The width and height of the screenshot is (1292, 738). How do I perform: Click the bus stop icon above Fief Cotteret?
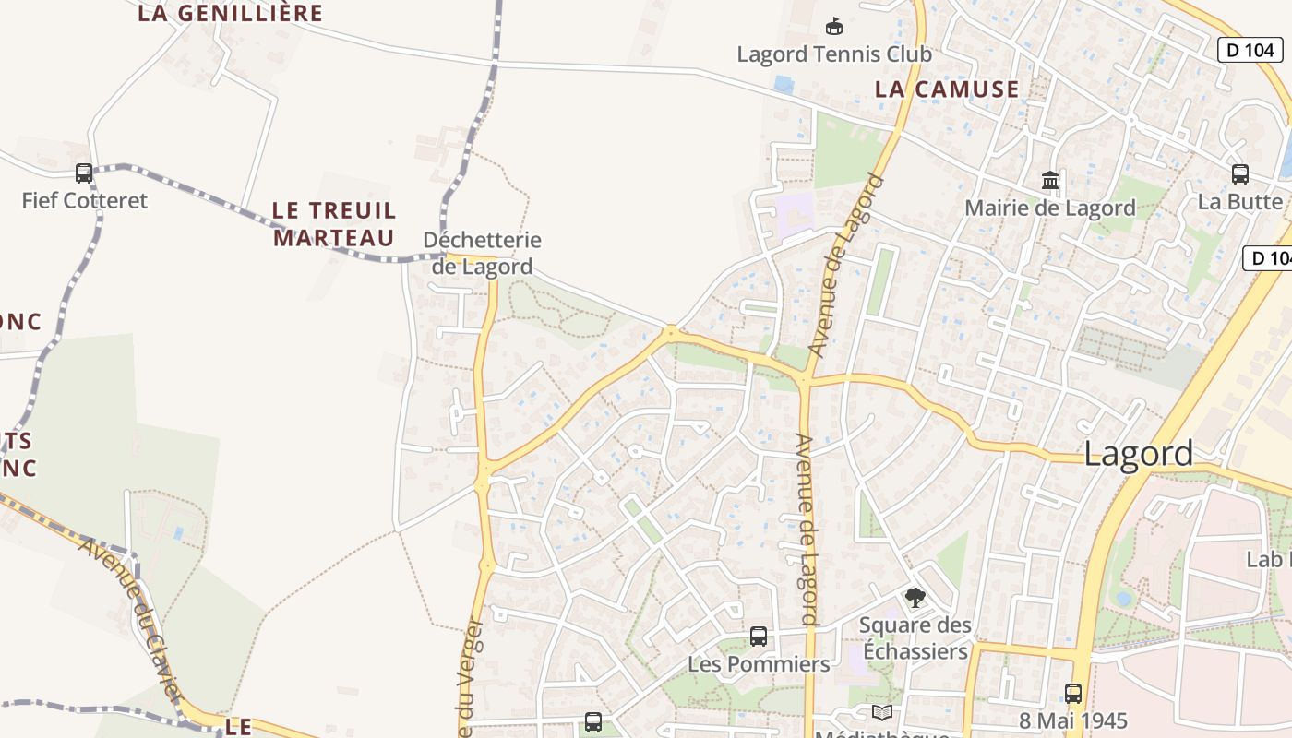(84, 173)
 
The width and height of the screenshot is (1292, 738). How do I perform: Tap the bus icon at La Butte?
(1240, 173)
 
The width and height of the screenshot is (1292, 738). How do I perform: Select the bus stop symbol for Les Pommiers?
(759, 636)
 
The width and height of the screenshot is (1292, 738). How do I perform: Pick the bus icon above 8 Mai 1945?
(1073, 693)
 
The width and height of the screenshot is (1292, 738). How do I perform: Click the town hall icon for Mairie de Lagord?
(1050, 180)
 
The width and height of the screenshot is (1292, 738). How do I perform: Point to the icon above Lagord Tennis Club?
(834, 26)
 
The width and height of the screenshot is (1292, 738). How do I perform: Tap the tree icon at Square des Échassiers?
(915, 598)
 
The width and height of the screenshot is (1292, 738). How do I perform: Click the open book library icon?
(882, 712)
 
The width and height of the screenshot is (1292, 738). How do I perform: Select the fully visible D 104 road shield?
(1250, 50)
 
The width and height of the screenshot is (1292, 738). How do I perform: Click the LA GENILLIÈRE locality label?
(231, 13)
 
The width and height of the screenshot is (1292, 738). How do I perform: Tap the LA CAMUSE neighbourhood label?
(947, 89)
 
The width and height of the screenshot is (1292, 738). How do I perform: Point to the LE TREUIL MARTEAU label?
(334, 224)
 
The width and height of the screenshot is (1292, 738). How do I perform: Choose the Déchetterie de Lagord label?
(482, 253)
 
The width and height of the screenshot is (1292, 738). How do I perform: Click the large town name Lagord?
(1138, 454)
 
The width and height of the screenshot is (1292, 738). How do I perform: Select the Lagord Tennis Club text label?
(834, 54)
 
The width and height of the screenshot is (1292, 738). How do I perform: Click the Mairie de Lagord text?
(1050, 208)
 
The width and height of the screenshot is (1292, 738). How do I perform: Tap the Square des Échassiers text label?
(915, 638)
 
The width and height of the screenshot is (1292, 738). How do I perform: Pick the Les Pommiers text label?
(759, 664)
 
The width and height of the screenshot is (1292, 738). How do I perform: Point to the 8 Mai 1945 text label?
(1073, 720)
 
